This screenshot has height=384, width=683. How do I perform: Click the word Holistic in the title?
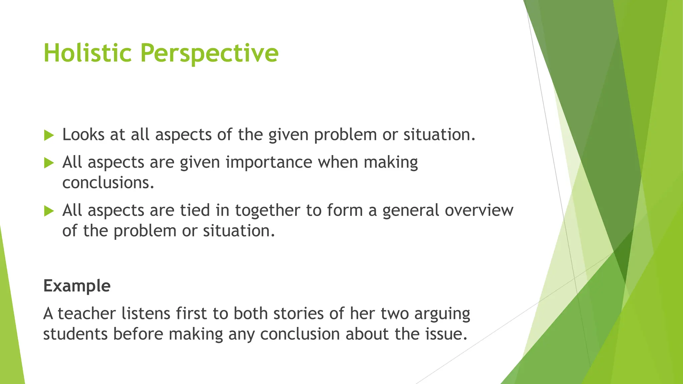pos(87,53)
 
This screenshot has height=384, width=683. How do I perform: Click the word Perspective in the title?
pos(209,53)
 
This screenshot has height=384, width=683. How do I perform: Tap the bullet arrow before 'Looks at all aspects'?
pos(49,135)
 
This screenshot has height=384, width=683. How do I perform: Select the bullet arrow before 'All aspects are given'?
pos(49,163)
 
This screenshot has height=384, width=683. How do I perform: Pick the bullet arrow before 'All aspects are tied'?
pos(49,211)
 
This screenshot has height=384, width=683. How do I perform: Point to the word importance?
pos(269,162)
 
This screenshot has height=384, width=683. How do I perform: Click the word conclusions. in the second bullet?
pos(108,183)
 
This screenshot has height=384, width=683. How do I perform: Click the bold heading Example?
pos(77,286)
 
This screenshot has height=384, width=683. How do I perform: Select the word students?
pos(75,334)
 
